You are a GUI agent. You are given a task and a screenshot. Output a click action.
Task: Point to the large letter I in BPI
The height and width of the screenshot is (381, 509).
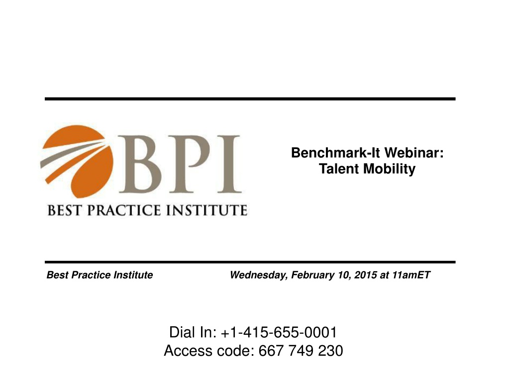[229, 164]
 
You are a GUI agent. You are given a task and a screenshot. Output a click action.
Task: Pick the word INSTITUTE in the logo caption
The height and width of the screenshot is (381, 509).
[207, 210]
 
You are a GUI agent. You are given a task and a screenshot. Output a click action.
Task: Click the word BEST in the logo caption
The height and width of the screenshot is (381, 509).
[64, 210]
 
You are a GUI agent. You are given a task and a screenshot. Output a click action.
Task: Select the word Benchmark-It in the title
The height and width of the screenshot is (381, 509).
[335, 152]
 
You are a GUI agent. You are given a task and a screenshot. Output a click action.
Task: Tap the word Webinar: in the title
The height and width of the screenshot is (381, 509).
[414, 152]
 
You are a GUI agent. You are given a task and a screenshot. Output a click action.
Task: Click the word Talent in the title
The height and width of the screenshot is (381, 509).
[339, 169]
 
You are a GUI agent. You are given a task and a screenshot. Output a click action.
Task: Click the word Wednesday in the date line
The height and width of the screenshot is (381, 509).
[258, 275]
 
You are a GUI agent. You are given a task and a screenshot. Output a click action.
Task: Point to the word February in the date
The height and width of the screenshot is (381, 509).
[312, 275]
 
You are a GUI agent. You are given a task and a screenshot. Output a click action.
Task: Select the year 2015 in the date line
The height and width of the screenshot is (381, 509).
[366, 275]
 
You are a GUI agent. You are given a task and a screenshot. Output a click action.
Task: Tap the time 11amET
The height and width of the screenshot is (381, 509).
[411, 275]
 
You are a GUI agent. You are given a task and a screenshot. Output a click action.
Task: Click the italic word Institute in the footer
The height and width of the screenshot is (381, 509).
[133, 275]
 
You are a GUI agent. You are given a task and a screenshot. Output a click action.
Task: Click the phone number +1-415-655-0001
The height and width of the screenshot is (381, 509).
[279, 332]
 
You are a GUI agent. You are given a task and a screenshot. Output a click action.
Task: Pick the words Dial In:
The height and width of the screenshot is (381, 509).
[193, 332]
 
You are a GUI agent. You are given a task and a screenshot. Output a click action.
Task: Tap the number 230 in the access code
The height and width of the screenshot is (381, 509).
[330, 351]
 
